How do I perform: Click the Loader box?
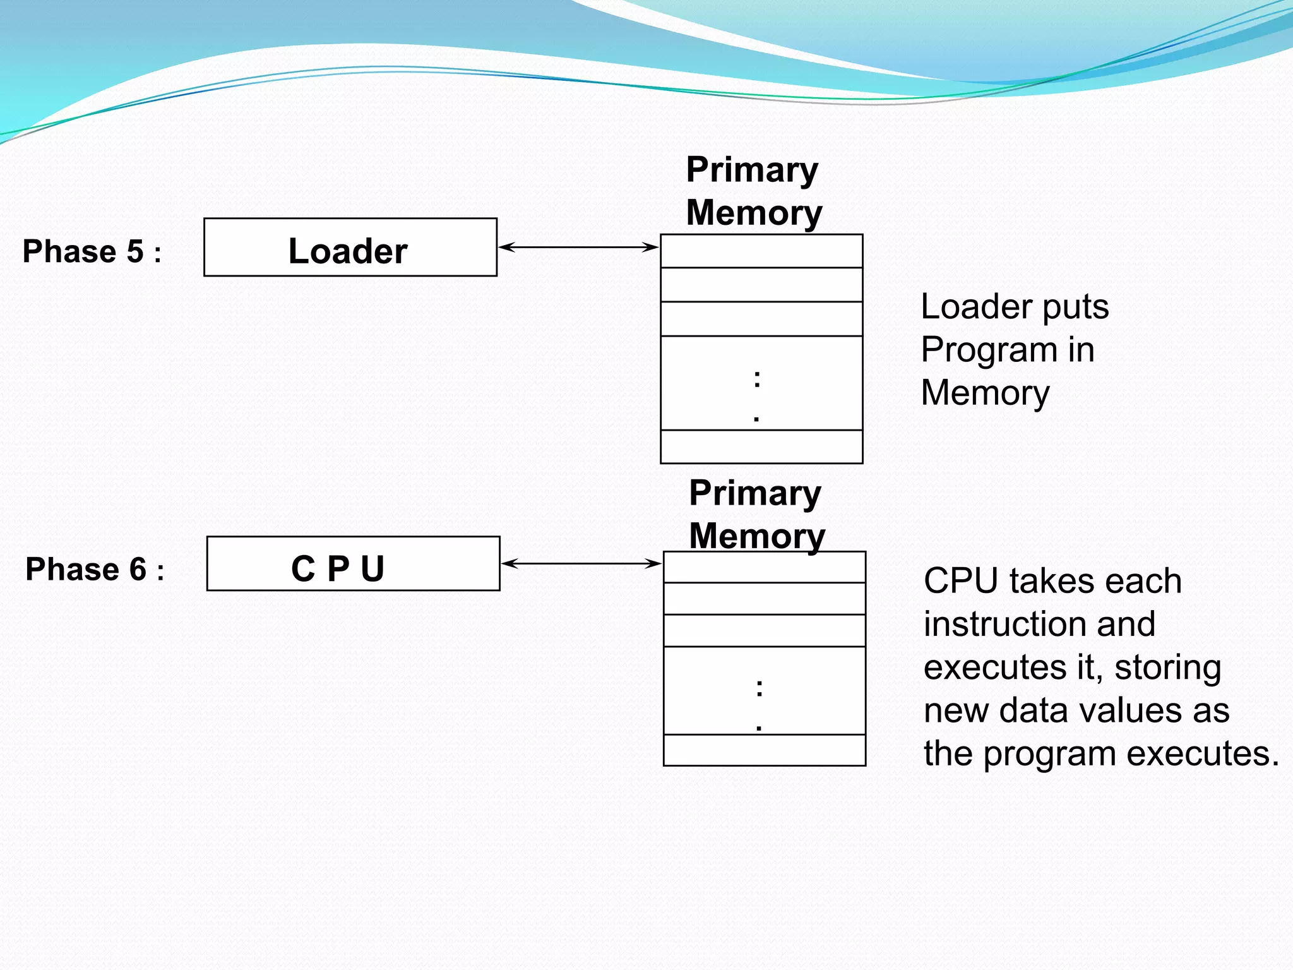pyautogui.click(x=350, y=248)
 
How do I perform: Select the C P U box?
pyautogui.click(x=353, y=564)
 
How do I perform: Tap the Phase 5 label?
pyautogui.click(x=92, y=251)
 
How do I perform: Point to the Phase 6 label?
pyautogui.click(x=95, y=569)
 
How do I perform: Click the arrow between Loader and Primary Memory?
pyautogui.click(x=578, y=248)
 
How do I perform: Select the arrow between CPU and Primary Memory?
pyautogui.click(x=581, y=563)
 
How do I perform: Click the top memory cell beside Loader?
pyautogui.click(x=761, y=251)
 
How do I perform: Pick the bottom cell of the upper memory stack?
pyautogui.click(x=761, y=447)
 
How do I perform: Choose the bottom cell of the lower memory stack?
pyautogui.click(x=764, y=750)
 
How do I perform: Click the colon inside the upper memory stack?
pyautogui.click(x=757, y=380)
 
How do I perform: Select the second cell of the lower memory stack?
pyautogui.click(x=764, y=599)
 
